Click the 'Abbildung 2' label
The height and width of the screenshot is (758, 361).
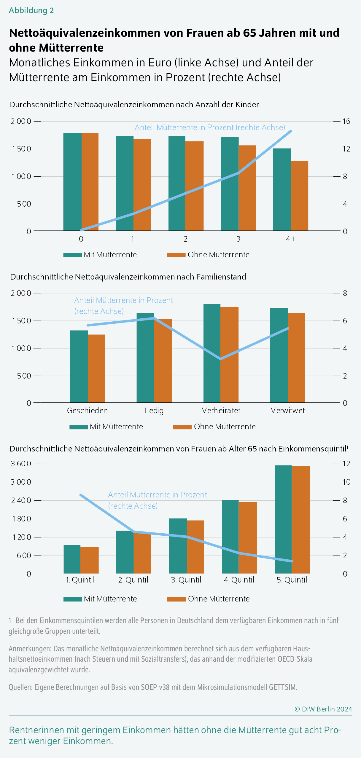click(x=31, y=10)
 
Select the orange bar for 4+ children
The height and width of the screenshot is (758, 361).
click(x=299, y=196)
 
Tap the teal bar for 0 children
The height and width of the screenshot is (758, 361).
click(x=72, y=182)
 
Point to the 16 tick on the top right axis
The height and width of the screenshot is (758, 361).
click(x=346, y=121)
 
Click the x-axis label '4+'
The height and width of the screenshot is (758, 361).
click(x=291, y=239)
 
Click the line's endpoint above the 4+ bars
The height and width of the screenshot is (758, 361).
click(x=291, y=131)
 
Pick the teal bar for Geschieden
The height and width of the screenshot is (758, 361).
click(x=79, y=366)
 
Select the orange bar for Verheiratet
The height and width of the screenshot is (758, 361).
click(x=230, y=355)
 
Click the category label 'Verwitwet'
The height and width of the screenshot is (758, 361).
click(x=287, y=411)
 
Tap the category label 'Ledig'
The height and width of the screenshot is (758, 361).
click(x=154, y=411)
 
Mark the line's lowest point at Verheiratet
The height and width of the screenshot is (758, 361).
click(x=220, y=359)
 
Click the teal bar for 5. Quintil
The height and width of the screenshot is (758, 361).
click(x=283, y=519)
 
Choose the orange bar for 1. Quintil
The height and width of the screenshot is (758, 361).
click(x=90, y=560)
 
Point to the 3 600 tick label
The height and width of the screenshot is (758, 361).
click(x=21, y=464)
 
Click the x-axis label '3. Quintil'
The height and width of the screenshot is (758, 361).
click(x=186, y=580)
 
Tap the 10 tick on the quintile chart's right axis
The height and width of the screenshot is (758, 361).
click(x=346, y=482)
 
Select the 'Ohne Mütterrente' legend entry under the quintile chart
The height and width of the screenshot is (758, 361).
click(x=218, y=599)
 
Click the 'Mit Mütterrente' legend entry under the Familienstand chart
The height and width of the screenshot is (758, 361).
click(x=116, y=427)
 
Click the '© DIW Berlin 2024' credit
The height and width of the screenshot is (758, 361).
click(x=323, y=709)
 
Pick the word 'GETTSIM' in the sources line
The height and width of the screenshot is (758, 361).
click(x=283, y=687)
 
